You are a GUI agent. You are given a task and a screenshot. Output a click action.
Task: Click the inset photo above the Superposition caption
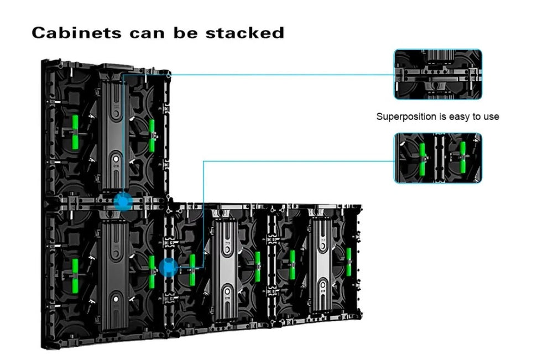pos(437,74)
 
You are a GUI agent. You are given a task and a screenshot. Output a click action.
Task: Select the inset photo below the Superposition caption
pos(437,158)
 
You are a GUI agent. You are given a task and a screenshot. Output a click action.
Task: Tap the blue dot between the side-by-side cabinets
pos(167,268)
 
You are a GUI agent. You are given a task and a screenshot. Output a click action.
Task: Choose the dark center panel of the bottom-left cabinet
pos(115,265)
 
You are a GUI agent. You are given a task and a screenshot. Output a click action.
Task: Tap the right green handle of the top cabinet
pos(152,135)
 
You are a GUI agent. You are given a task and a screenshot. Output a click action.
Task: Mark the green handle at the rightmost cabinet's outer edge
pos(349,263)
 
